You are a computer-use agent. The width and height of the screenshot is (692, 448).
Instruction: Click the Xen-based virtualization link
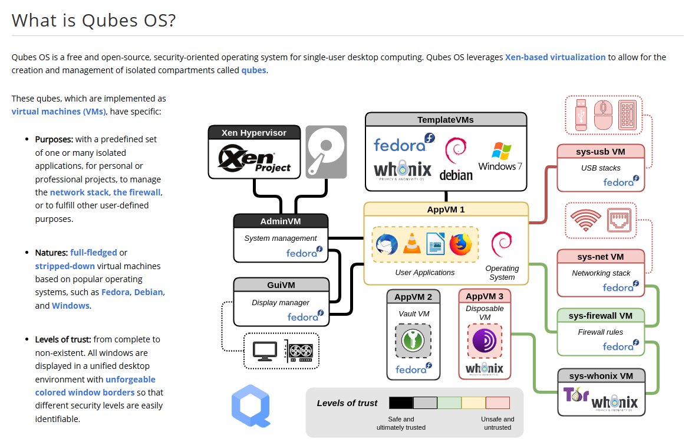click(x=555, y=57)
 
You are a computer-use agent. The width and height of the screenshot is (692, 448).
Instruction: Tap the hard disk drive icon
click(x=326, y=152)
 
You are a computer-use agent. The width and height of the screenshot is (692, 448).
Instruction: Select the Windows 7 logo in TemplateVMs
click(x=500, y=156)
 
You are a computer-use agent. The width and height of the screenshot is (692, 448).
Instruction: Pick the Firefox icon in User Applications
click(x=461, y=244)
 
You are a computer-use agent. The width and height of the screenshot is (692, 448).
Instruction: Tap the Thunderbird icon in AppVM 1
click(x=387, y=244)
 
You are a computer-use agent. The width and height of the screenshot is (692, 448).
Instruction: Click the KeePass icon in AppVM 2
click(x=413, y=340)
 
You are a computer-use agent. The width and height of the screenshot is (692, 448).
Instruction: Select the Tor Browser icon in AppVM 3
click(x=485, y=341)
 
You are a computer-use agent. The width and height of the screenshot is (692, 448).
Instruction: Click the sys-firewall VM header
click(x=601, y=316)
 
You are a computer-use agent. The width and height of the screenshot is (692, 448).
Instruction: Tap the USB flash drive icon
click(x=580, y=114)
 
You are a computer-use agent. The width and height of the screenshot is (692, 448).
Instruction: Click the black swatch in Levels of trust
click(x=401, y=403)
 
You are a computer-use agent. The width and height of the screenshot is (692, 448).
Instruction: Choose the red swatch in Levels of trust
click(x=497, y=403)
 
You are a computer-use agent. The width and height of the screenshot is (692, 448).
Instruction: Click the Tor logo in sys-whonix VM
click(x=574, y=395)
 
